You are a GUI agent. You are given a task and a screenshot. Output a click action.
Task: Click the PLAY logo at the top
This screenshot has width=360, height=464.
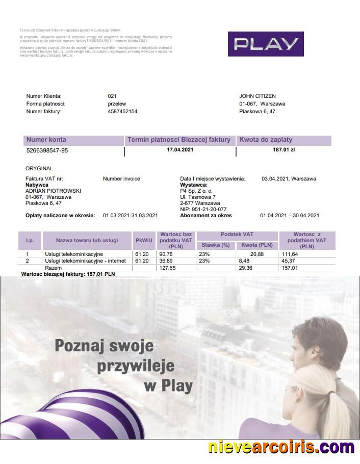(265, 44)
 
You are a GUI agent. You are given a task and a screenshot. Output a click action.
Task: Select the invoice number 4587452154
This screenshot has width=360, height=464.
(122, 111)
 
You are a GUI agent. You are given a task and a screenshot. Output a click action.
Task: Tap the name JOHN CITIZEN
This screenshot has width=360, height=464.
(258, 96)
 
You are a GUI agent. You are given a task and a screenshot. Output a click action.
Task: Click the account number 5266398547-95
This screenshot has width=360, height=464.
(47, 151)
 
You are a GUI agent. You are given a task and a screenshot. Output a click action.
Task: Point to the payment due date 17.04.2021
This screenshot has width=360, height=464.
(180, 150)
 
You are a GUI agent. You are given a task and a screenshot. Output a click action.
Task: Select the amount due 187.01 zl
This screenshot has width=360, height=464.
(284, 150)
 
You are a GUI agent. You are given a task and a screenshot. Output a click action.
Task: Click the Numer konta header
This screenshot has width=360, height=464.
(46, 140)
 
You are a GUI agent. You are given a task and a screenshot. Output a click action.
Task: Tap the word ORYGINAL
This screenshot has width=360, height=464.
(39, 168)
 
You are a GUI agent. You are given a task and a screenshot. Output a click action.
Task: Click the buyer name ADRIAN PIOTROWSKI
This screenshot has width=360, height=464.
(53, 191)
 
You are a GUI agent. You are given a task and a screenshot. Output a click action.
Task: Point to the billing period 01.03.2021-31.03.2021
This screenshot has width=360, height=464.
(131, 216)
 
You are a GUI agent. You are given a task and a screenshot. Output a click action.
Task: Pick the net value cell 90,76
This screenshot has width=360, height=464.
(166, 254)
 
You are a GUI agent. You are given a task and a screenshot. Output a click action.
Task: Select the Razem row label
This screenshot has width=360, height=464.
(53, 267)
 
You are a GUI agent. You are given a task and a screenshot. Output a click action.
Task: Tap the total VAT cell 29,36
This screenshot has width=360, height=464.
(246, 267)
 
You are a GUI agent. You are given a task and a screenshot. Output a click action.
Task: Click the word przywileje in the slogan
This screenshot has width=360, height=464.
(135, 366)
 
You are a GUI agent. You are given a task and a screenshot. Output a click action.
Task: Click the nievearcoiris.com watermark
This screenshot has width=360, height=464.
(281, 448)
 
